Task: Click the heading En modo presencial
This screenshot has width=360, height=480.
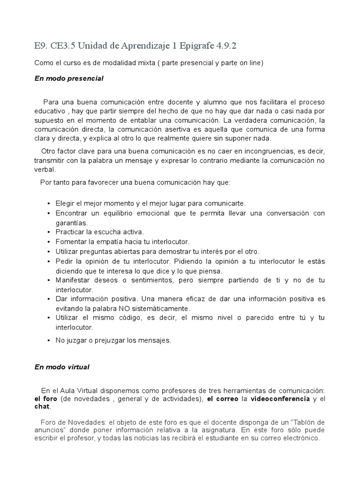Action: (69, 78)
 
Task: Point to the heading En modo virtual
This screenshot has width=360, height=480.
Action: (62, 367)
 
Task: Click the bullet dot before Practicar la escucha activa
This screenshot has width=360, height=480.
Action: (49, 232)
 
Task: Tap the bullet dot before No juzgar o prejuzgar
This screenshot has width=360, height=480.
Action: (49, 341)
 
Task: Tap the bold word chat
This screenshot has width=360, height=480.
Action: (43, 406)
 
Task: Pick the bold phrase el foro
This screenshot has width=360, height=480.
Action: (46, 399)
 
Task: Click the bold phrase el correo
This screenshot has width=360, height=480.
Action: (222, 399)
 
